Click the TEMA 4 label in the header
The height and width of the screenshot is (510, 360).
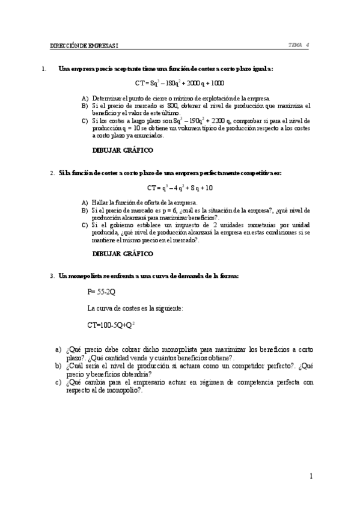pos(299,45)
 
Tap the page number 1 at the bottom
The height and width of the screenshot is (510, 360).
pos(311,476)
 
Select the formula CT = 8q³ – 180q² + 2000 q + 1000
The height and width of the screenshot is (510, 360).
pos(179,82)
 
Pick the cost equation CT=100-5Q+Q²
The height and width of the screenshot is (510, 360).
pos(111,325)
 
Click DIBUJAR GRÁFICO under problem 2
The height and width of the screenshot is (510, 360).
pos(122,254)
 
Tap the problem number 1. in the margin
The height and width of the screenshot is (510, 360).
pos(44,69)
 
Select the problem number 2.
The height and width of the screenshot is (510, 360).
pos(52,173)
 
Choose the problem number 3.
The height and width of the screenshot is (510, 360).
pos(52,275)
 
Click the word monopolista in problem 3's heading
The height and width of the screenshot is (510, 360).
pos(86,275)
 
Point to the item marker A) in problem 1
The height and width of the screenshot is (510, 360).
pos(85,97)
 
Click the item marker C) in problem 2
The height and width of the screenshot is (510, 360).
pos(85,224)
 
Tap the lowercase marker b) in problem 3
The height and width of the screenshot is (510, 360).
pos(58,365)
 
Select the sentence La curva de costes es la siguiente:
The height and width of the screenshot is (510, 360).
pos(135,308)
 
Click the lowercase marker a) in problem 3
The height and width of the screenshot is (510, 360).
pos(58,349)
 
